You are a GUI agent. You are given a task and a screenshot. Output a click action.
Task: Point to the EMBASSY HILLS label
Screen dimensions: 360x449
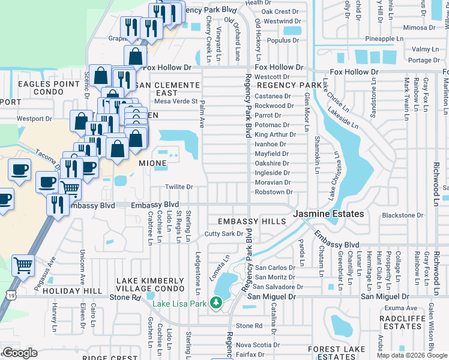tap(252, 221)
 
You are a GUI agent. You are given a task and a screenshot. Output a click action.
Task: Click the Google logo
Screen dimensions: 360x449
tap(19, 353)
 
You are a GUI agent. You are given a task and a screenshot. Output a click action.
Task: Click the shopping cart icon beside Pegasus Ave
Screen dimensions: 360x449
tap(23, 264)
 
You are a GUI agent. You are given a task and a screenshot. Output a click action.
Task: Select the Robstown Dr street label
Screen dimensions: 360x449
tap(274, 192)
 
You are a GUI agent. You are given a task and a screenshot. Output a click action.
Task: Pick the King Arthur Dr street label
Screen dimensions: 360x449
tap(272, 135)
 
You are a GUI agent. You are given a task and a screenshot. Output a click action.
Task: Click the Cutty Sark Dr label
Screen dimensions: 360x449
tap(223, 234)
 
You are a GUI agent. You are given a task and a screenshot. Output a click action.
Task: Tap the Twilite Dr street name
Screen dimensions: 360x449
tap(179, 187)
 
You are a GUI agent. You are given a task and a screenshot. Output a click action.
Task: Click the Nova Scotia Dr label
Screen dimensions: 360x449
tap(258, 345)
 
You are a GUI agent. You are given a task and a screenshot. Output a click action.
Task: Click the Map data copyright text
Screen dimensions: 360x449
tap(411, 355)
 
